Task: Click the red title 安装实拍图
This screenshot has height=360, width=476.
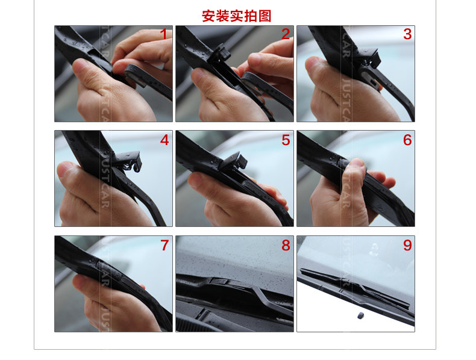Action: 236,16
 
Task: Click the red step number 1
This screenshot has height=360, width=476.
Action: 163,34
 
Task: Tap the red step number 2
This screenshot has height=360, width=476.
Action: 285,34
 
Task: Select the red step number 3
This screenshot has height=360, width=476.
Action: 407,34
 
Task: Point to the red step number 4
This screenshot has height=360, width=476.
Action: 164,140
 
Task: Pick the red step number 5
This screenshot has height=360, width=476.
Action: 286,140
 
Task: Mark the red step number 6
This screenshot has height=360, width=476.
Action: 407,140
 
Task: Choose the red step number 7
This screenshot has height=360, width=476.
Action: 164,246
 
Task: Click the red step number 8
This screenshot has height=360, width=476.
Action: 286,246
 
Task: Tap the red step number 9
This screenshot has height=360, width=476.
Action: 407,246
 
